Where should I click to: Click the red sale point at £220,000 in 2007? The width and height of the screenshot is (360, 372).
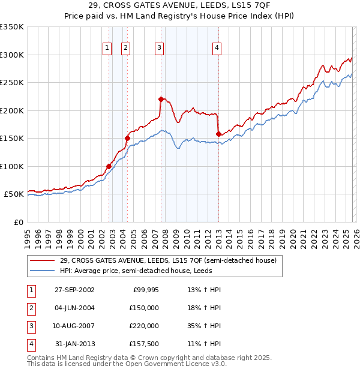tap(161, 99)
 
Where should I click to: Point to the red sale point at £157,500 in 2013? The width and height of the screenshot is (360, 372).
tap(218, 134)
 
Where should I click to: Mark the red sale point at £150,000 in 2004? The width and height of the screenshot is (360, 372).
tap(127, 138)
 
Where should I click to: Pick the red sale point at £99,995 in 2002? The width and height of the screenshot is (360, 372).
tap(109, 166)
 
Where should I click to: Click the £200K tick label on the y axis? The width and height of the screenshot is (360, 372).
tap(12, 110)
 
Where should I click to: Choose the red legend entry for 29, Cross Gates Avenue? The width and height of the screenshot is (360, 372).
tap(168, 260)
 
